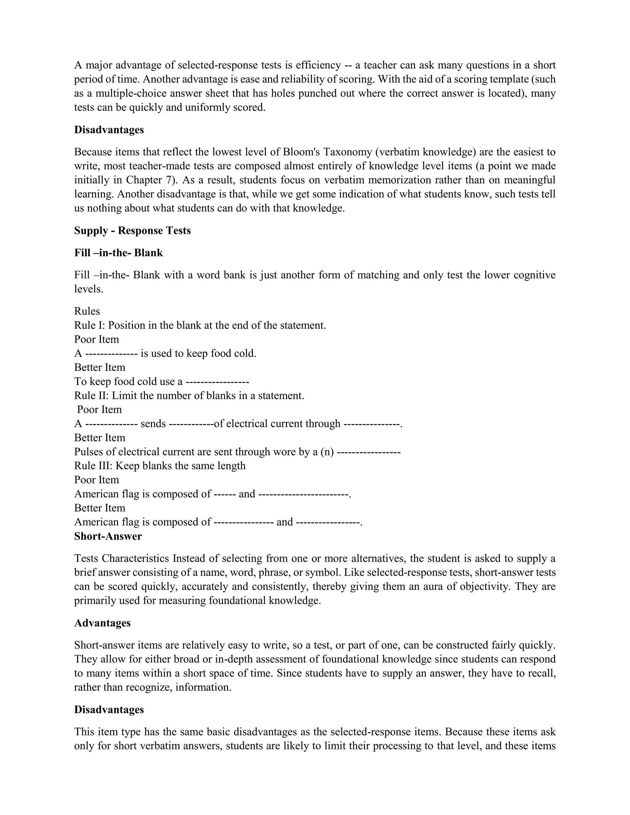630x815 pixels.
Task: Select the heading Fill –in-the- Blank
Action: coord(118,253)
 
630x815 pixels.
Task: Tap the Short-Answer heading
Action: coord(108,536)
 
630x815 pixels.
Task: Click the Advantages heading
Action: coord(102,623)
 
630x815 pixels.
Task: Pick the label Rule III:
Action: coord(93,466)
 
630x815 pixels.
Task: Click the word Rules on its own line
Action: coord(87,311)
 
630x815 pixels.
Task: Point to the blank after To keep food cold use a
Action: coord(217,382)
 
